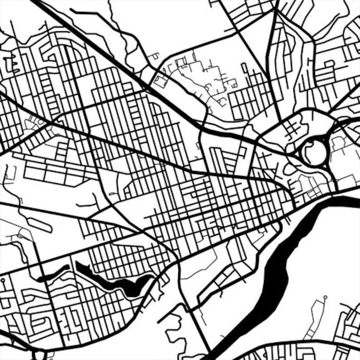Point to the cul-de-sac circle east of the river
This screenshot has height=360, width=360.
tap(325, 297)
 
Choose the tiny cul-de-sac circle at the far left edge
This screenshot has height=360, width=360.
tap(3, 280)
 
